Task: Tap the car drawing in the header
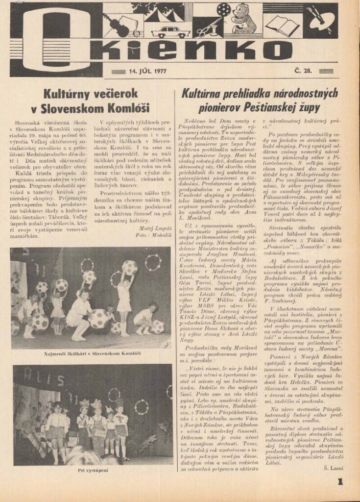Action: [170, 32]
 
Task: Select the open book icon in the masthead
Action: [283, 25]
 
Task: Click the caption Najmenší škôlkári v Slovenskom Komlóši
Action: [92, 353]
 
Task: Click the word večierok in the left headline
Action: [102, 93]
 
